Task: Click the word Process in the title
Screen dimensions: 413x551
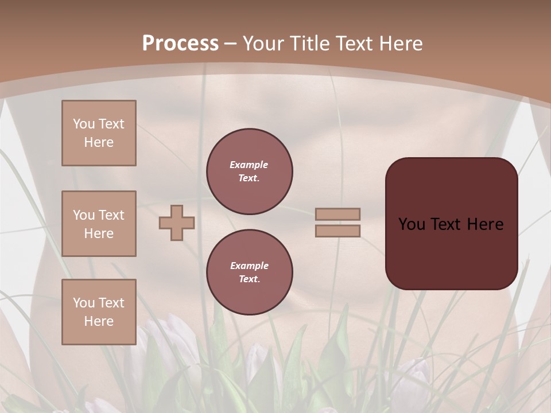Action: point(180,44)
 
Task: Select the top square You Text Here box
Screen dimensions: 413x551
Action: point(99,133)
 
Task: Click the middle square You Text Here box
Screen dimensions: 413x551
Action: point(99,224)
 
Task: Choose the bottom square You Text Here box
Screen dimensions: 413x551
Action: point(99,312)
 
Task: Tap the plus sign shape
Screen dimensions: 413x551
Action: point(177,223)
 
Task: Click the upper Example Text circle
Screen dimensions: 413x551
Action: point(250,172)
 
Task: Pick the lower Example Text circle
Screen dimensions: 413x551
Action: point(250,272)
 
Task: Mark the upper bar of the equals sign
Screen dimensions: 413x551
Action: point(338,214)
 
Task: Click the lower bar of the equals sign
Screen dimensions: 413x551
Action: point(338,231)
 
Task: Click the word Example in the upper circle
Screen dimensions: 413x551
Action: point(249,165)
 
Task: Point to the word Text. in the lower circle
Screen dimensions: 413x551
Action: point(249,279)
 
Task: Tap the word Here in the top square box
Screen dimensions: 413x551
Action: point(99,142)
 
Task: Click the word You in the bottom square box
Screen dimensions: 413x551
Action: point(83,303)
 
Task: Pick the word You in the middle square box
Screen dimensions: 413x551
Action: point(83,215)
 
